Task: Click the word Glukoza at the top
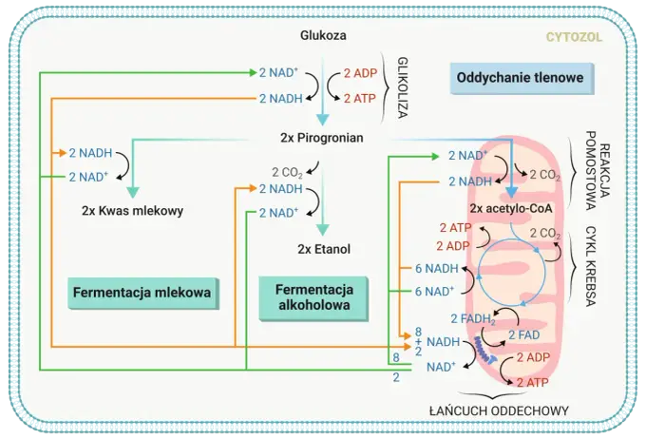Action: [x=323, y=35]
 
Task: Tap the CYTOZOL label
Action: [x=574, y=37]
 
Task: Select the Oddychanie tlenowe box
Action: [x=522, y=78]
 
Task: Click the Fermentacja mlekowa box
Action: [x=142, y=293]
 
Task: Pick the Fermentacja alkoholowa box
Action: [x=313, y=298]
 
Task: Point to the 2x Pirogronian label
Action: [x=322, y=137]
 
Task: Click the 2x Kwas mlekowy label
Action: [x=132, y=211]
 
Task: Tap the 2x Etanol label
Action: [x=324, y=249]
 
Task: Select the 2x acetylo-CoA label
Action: [x=511, y=208]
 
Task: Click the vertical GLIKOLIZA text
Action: [x=403, y=87]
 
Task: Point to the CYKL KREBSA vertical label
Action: [x=590, y=266]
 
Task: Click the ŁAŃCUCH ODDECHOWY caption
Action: [x=499, y=410]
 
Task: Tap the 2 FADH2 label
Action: [x=473, y=319]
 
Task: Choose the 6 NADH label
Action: [x=437, y=268]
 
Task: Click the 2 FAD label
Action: [x=523, y=335]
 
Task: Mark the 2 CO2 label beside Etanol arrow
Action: [x=287, y=172]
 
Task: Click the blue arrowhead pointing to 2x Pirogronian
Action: [x=323, y=120]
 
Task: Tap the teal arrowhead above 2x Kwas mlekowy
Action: [x=133, y=193]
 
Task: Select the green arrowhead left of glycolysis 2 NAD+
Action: [x=253, y=73]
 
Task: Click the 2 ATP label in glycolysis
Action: [x=360, y=99]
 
